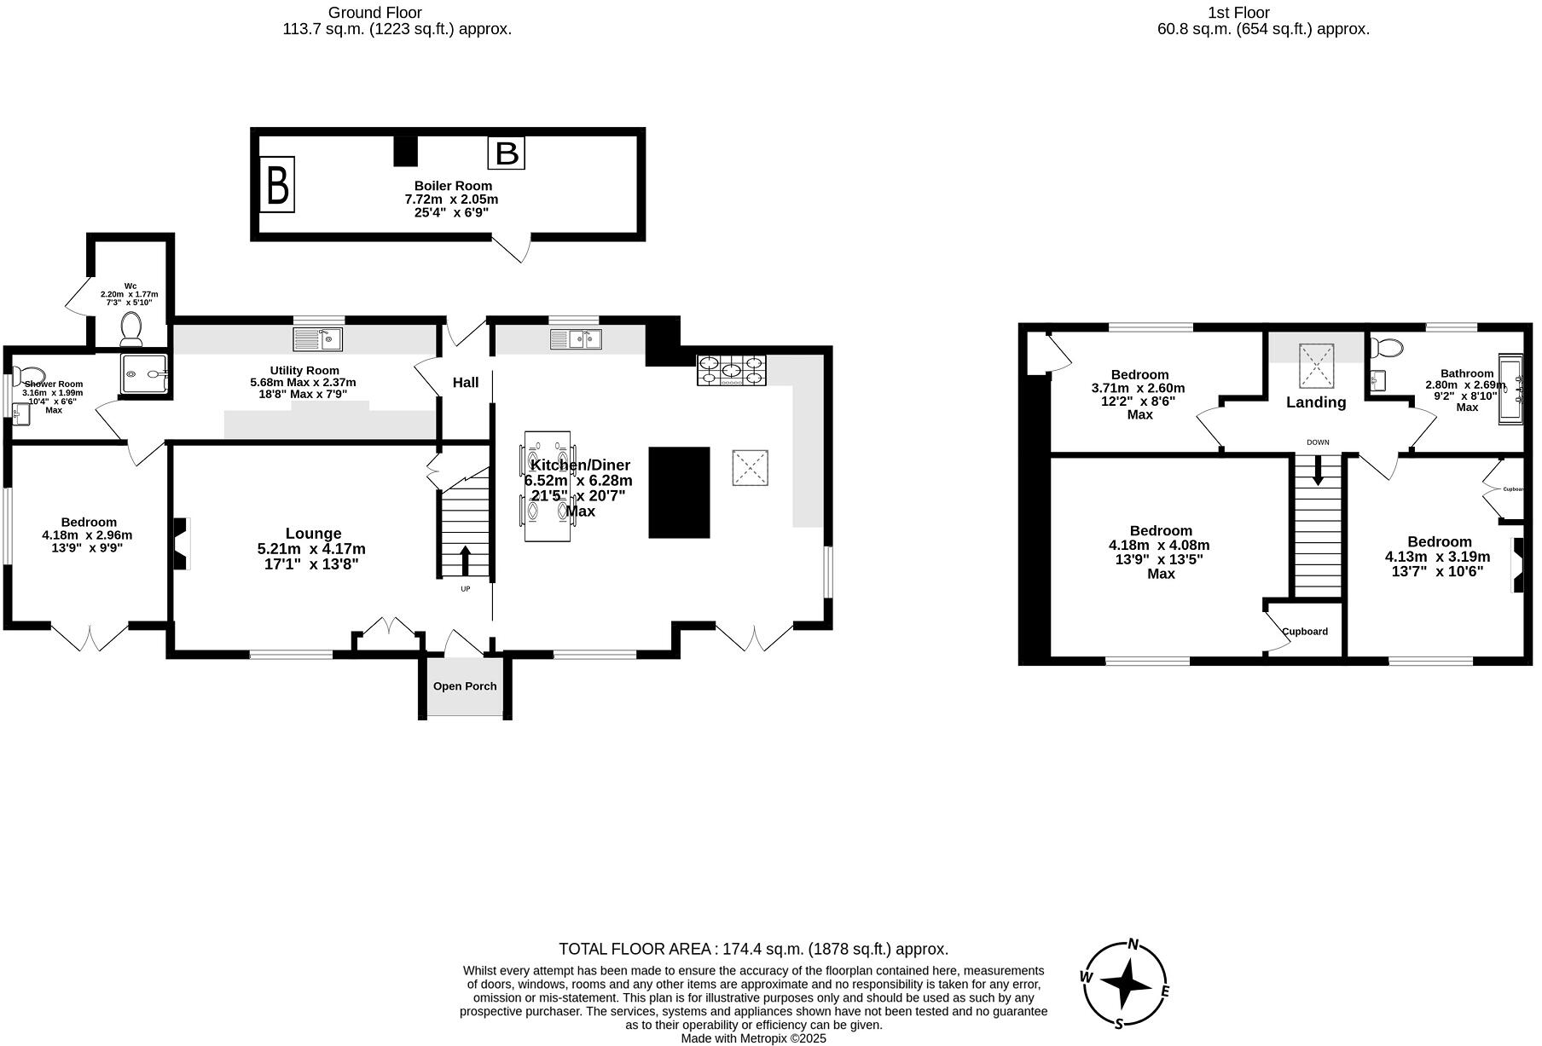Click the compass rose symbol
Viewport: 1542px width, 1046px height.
pyautogui.click(x=1126, y=985)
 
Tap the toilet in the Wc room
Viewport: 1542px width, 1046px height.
pyautogui.click(x=131, y=327)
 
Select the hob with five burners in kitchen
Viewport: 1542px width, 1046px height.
pyautogui.click(x=731, y=371)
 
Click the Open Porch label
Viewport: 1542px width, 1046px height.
pyautogui.click(x=465, y=686)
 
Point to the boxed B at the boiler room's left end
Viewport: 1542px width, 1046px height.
pyautogui.click(x=277, y=184)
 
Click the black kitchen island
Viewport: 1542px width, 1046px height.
pyautogui.click(x=679, y=492)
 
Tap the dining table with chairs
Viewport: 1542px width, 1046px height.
pyautogui.click(x=547, y=486)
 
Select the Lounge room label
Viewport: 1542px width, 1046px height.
pyautogui.click(x=313, y=534)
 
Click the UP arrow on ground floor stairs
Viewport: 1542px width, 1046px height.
pyautogui.click(x=465, y=561)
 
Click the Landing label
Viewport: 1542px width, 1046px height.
pyautogui.click(x=1316, y=402)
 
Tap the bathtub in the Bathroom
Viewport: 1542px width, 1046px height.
pyautogui.click(x=1510, y=390)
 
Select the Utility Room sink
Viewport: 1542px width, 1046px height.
pyautogui.click(x=318, y=339)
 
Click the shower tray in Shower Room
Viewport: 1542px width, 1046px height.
pyautogui.click(x=145, y=374)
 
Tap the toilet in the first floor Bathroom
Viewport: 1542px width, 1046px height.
pyautogui.click(x=1386, y=348)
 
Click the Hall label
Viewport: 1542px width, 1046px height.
pyautogui.click(x=466, y=383)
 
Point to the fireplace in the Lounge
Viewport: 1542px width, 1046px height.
pyautogui.click(x=180, y=545)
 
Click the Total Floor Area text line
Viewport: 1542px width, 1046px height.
pyautogui.click(x=753, y=949)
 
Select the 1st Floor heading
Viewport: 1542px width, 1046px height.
pyautogui.click(x=1238, y=13)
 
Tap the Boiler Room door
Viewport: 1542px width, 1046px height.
pyautogui.click(x=515, y=247)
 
